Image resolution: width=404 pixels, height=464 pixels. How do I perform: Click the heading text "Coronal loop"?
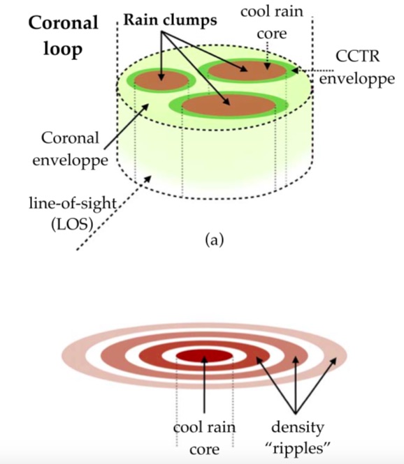63,36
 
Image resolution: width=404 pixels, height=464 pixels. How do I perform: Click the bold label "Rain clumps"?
170,20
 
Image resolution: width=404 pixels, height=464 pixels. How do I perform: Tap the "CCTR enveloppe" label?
357,68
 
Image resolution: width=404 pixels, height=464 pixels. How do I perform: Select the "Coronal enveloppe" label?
71,149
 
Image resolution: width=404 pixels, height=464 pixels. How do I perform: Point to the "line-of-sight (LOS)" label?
73,214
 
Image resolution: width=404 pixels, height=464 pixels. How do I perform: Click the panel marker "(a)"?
215,239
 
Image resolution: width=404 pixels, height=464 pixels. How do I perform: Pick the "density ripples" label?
297,438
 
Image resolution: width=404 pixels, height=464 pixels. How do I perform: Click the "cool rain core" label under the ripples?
205,438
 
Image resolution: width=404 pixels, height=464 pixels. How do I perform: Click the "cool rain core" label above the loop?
272,22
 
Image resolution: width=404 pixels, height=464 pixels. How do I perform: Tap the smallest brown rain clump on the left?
161,81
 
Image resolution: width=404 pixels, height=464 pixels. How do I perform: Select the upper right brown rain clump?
247,71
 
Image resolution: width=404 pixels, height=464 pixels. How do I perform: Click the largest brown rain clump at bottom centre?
229,105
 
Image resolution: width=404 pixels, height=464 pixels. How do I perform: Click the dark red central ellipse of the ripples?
204,356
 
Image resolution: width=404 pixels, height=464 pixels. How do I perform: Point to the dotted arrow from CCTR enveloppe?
312,70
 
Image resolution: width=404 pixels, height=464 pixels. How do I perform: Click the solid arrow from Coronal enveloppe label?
127,126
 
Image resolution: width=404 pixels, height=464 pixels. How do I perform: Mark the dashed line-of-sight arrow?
114,213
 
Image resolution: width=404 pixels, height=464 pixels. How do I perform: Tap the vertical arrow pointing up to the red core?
204,384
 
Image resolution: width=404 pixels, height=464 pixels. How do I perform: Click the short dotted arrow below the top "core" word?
268,56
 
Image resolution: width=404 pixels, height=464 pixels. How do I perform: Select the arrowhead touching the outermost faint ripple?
333,361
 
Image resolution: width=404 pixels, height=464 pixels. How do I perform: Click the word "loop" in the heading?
63,50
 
